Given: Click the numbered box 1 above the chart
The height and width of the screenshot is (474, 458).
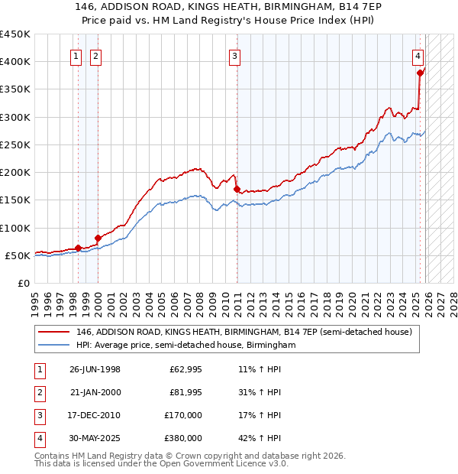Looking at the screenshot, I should click(77, 55).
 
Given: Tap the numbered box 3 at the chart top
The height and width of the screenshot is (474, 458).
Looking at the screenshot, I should click(236, 55).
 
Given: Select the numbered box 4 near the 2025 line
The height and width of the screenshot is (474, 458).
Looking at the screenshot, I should click(419, 55).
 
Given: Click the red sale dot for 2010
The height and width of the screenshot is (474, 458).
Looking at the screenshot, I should click(237, 189).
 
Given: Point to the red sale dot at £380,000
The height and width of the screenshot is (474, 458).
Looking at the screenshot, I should click(420, 73).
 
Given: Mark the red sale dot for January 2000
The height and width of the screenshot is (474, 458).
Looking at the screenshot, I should click(98, 238).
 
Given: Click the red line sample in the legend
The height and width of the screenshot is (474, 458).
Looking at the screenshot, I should click(55, 332).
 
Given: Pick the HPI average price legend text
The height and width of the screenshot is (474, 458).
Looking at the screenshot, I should click(185, 346).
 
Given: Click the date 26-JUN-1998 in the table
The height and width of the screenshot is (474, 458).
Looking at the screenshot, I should click(95, 369).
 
